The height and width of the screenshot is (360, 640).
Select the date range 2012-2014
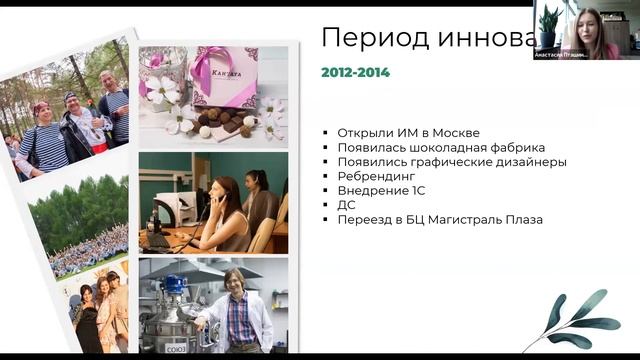[x=355, y=72]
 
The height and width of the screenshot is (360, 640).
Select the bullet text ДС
[x=347, y=205]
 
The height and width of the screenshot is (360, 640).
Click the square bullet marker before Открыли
[x=327, y=133]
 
